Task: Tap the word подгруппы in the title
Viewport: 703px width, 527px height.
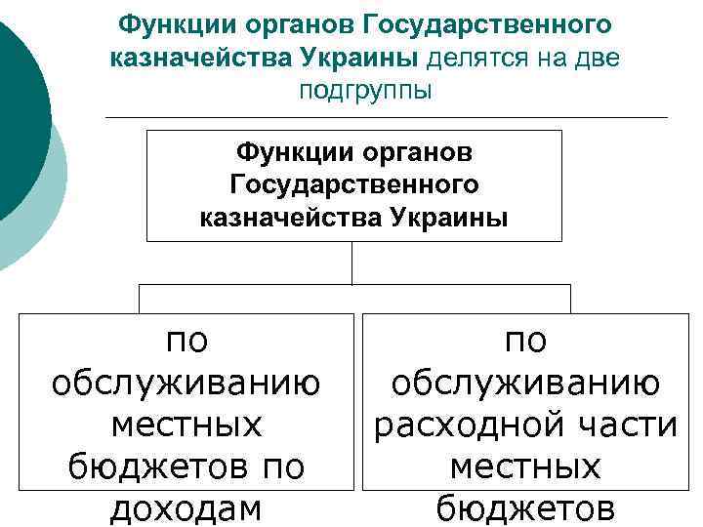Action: point(366,91)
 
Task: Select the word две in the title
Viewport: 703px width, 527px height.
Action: point(600,57)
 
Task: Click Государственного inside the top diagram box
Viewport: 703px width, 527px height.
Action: point(354,183)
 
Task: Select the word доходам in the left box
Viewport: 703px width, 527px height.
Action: point(186,508)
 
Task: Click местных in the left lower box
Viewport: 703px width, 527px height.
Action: point(186,426)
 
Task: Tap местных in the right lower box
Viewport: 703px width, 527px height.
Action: point(524,467)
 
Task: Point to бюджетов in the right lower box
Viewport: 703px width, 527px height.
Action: point(524,508)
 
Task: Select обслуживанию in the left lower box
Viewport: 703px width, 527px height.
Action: point(186,384)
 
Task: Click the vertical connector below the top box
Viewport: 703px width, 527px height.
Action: point(352,263)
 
